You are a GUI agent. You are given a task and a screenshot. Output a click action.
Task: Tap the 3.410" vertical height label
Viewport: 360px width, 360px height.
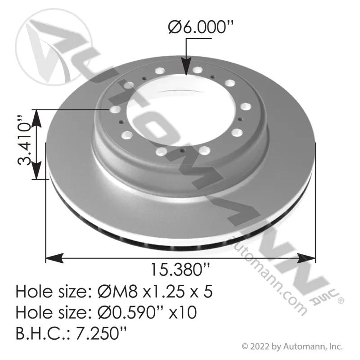click(24, 140)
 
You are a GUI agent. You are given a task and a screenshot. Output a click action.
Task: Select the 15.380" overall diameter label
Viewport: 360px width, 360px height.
click(180, 270)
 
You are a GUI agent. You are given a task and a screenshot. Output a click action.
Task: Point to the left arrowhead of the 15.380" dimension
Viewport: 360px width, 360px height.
click(54, 258)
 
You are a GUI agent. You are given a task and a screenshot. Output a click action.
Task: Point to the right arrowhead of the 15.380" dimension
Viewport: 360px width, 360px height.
click(306, 258)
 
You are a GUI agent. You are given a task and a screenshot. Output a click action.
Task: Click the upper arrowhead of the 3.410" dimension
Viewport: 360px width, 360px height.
click(36, 118)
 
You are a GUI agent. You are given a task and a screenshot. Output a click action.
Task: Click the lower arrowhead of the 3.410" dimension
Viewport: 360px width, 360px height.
click(36, 171)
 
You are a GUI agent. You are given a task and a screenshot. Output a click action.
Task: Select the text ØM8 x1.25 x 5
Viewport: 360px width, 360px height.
click(155, 291)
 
